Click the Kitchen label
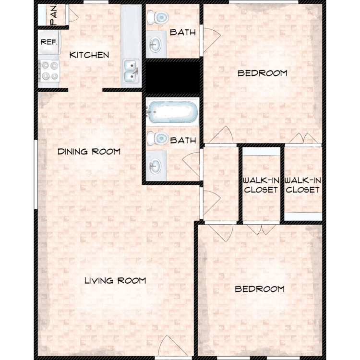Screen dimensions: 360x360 tap(89, 55)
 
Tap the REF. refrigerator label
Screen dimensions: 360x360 tap(48, 42)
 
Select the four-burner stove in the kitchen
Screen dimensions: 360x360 tap(49, 71)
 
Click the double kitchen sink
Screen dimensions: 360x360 tap(131, 71)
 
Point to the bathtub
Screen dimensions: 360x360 tap(173, 112)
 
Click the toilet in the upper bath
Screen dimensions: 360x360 tap(158, 17)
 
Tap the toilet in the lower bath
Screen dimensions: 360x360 tap(158, 138)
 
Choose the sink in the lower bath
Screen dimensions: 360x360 tap(155, 166)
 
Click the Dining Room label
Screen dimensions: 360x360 tap(89, 151)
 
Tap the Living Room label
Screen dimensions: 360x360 tap(115, 280)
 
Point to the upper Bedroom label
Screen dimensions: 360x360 tap(263, 73)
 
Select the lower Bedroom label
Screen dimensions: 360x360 tap(260, 289)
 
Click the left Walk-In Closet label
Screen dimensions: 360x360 tap(261, 185)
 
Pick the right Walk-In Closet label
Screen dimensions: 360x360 tap(303, 185)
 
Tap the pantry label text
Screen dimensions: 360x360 tap(54, 15)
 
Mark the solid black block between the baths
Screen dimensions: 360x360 tap(173, 76)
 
